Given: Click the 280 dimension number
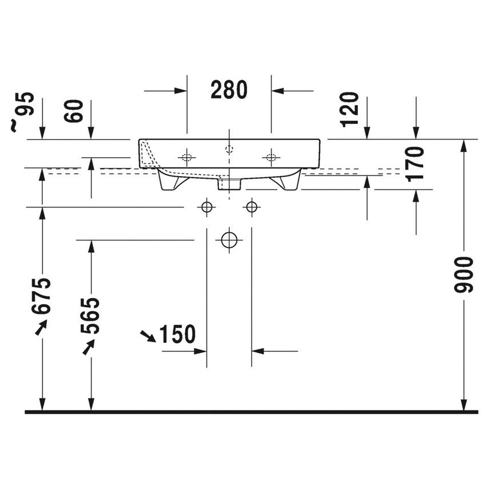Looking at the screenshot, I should click(229, 90).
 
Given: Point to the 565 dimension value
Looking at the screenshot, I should click(90, 316).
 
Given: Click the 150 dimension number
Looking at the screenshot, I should click(177, 334).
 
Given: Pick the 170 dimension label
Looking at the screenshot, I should click(416, 163).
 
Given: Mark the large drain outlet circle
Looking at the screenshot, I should click(229, 240).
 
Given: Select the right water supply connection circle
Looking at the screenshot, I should click(250, 207).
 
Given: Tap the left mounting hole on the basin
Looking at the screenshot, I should click(186, 157).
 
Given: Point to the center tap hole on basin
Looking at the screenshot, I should click(229, 150).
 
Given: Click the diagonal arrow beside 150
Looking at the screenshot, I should click(148, 336).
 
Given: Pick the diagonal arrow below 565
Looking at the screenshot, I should click(89, 346).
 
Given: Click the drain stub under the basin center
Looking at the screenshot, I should click(229, 184).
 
